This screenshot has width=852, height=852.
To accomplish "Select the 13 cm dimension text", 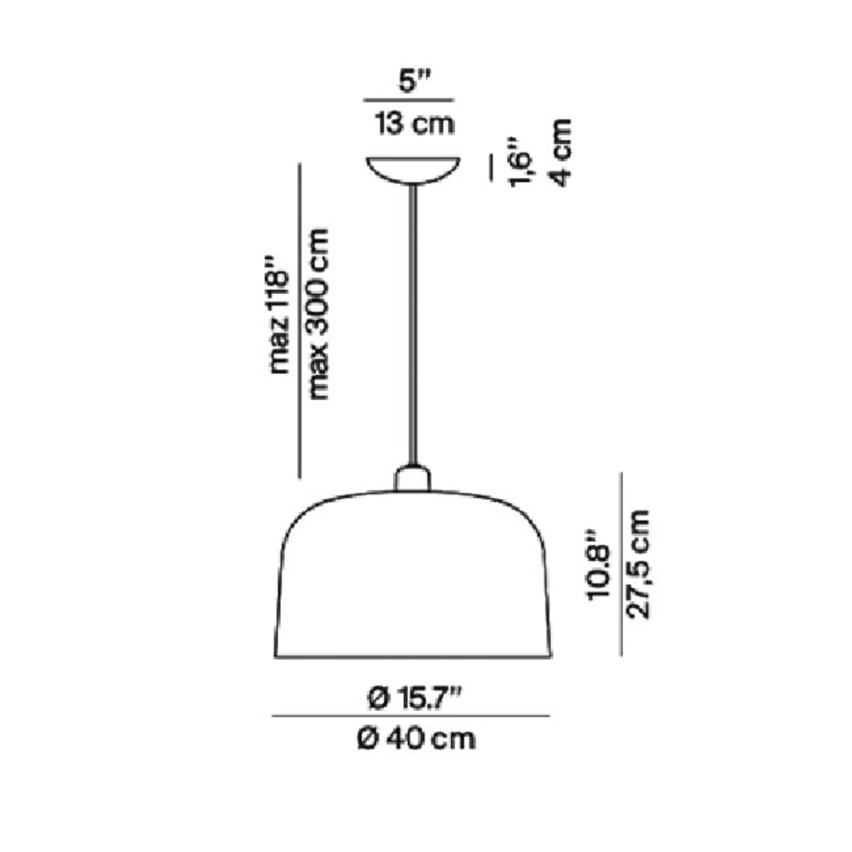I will pos(415,123).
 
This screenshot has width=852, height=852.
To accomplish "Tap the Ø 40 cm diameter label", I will pos(416,739).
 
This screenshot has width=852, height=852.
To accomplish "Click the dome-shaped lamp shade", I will pos(412,574).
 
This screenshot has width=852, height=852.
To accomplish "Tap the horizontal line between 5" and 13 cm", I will pos(409,101).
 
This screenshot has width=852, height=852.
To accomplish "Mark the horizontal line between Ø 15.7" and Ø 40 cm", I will pos(411,716).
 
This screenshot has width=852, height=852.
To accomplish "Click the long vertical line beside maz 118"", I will pos(299,321).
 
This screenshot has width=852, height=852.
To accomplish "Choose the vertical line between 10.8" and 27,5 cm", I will pos(621,563).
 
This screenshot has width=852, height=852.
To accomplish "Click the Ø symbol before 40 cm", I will pos(368,739).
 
